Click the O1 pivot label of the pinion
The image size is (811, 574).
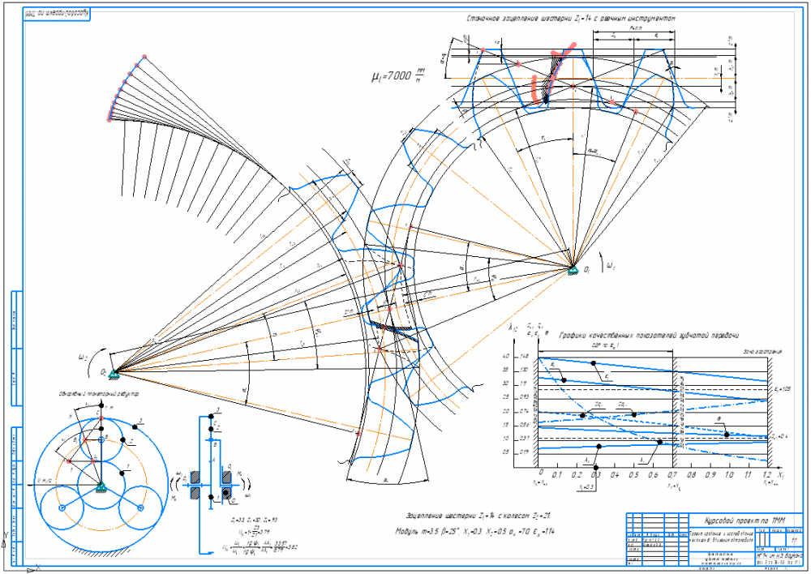click(587, 270)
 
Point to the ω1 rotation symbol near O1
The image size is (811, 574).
click(611, 264)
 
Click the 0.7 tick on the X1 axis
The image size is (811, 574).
click(672, 477)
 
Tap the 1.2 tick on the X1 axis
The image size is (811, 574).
click(766, 477)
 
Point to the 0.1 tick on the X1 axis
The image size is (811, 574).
click(559, 477)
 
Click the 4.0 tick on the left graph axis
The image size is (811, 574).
click(527, 357)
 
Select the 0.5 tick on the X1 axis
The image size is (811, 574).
click(634, 477)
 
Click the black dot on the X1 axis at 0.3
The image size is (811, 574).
click(596, 468)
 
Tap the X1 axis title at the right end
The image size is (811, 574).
click(780, 472)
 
